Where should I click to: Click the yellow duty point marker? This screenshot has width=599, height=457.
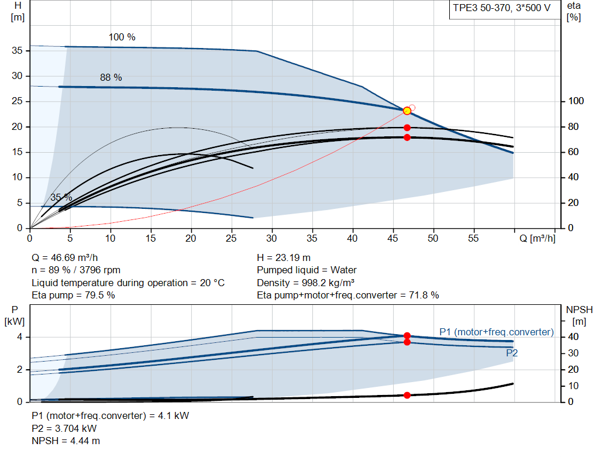pyautogui.click(x=407, y=111)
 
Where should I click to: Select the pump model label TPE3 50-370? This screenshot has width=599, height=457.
pyautogui.click(x=482, y=8)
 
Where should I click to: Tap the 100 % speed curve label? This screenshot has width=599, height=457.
pyautogui.click(x=122, y=37)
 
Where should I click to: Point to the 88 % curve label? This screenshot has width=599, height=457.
pyautogui.click(x=111, y=78)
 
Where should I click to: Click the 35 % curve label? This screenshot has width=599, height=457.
pyautogui.click(x=61, y=198)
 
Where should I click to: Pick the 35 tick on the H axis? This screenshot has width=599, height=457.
pyautogui.click(x=17, y=50)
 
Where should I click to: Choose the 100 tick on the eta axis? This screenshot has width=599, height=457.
pyautogui.click(x=576, y=101)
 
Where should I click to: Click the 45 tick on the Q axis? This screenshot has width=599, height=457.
pyautogui.click(x=393, y=238)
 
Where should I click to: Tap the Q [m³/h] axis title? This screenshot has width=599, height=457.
pyautogui.click(x=538, y=238)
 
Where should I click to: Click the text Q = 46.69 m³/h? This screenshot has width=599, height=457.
pyautogui.click(x=65, y=258)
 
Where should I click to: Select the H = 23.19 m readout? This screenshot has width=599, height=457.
pyautogui.click(x=284, y=258)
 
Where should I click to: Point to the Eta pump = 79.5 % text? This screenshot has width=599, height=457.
pyautogui.click(x=73, y=295)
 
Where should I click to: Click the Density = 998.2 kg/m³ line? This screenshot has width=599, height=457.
pyautogui.click(x=306, y=283)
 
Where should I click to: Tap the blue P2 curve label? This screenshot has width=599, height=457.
pyautogui.click(x=512, y=353)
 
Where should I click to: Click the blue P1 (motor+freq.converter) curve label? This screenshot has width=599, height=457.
pyautogui.click(x=497, y=332)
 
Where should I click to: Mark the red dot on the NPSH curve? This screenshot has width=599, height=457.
pyautogui.click(x=407, y=395)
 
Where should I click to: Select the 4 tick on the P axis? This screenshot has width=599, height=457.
pyautogui.click(x=19, y=337)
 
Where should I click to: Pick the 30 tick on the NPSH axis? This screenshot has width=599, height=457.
pyautogui.click(x=573, y=353)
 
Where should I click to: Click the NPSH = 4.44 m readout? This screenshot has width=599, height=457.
pyautogui.click(x=66, y=441)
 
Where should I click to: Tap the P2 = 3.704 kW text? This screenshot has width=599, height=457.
pyautogui.click(x=64, y=428)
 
